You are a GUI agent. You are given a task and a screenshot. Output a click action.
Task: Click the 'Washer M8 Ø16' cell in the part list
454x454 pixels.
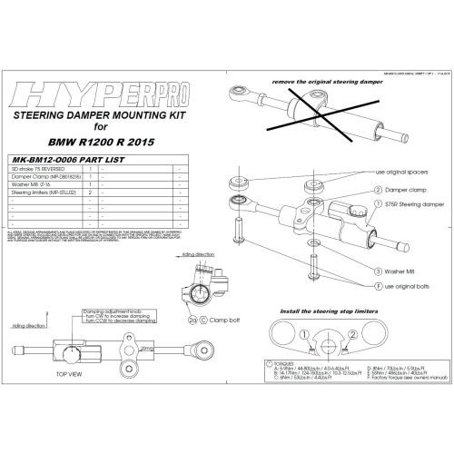click(42, 184)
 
